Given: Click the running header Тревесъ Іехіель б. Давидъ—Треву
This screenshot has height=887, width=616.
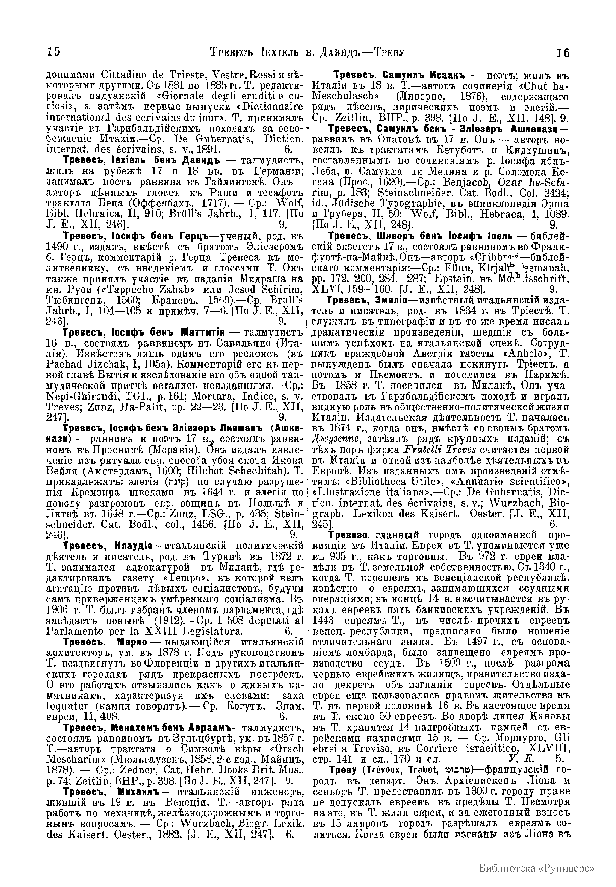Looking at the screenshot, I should [x=307, y=52].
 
